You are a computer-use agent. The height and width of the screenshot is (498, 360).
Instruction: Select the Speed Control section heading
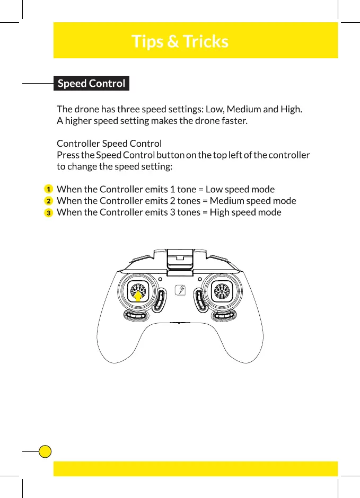point(91,84)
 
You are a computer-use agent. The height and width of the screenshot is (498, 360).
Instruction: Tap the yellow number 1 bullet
point(48,189)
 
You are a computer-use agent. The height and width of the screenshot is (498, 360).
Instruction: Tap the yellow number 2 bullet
point(48,201)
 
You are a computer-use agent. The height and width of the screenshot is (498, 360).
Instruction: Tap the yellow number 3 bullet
point(48,212)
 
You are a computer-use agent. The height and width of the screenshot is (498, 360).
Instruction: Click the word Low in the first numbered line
point(214,189)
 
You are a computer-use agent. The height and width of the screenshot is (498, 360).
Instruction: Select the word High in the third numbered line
point(219,212)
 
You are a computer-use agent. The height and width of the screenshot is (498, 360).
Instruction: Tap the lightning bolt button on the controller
point(180,291)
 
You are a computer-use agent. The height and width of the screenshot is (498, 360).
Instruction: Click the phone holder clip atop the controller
point(180,260)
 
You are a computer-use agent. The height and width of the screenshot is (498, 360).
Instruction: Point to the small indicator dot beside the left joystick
point(161,279)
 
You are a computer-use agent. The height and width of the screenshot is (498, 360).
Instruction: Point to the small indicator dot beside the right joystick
point(199,279)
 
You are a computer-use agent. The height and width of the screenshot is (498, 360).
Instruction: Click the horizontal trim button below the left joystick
point(136,316)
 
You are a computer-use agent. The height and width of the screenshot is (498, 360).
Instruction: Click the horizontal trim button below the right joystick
point(224,316)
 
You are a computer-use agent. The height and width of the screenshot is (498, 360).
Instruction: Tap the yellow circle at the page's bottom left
point(46,451)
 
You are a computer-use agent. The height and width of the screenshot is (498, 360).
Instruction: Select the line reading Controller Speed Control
point(109,144)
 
